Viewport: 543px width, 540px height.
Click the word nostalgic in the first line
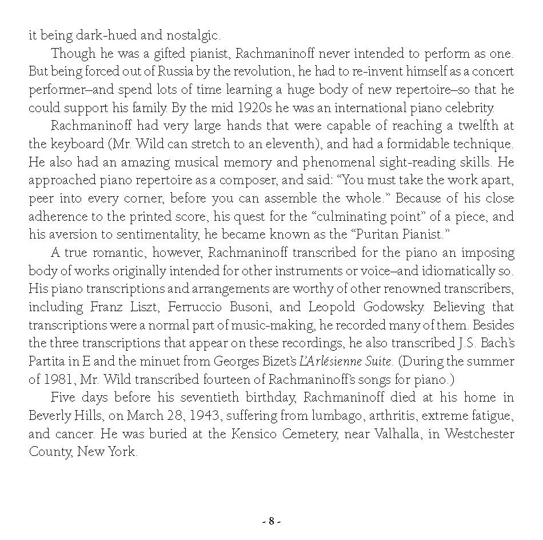click(x=191, y=36)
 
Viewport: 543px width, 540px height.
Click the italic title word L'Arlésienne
click(x=328, y=362)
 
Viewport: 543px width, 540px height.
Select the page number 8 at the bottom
click(x=271, y=521)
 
